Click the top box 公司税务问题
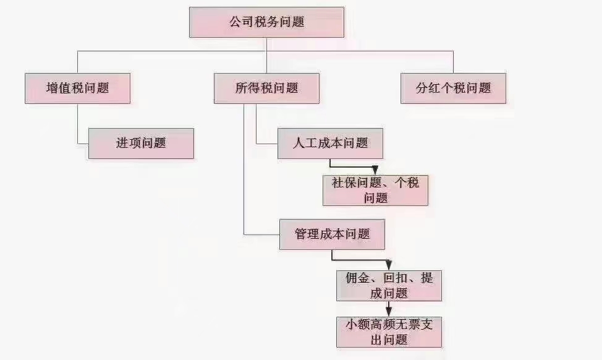[266, 22]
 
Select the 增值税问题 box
[78, 88]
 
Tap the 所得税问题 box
[266, 88]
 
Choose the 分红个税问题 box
[453, 88]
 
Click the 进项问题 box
[141, 143]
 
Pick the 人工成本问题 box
[330, 143]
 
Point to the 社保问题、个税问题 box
[375, 190]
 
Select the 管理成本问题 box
[333, 234]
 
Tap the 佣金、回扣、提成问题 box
[389, 285]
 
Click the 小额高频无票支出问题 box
[389, 332]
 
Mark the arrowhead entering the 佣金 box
[389, 265]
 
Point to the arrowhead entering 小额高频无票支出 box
[389, 312]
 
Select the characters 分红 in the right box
[428, 88]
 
